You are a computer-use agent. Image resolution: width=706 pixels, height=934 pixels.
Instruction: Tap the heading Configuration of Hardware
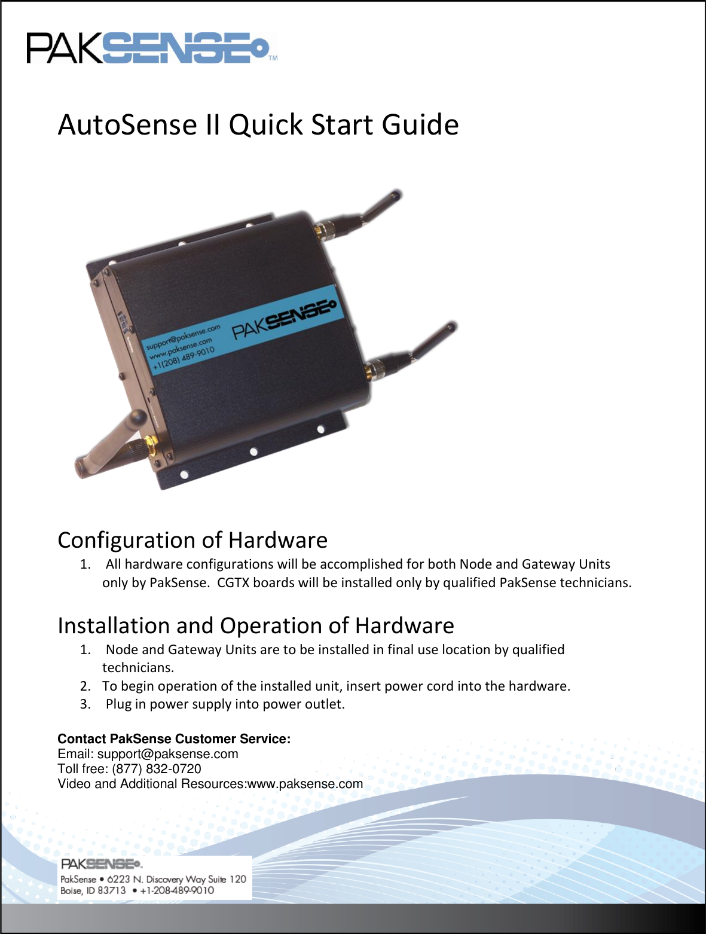192,540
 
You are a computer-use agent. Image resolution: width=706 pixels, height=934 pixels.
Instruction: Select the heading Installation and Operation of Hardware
256,625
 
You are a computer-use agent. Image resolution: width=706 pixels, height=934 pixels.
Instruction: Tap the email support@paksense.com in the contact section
167,754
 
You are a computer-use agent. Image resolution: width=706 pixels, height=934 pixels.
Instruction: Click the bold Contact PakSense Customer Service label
174,739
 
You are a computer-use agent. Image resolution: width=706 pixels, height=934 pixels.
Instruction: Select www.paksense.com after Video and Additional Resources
305,784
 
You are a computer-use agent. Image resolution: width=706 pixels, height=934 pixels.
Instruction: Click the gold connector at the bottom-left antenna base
152,446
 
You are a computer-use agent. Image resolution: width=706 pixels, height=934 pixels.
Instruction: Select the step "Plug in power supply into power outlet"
225,704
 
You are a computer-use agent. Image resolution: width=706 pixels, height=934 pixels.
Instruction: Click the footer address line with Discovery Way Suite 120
153,879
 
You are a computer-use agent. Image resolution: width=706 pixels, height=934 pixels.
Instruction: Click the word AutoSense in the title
127,125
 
